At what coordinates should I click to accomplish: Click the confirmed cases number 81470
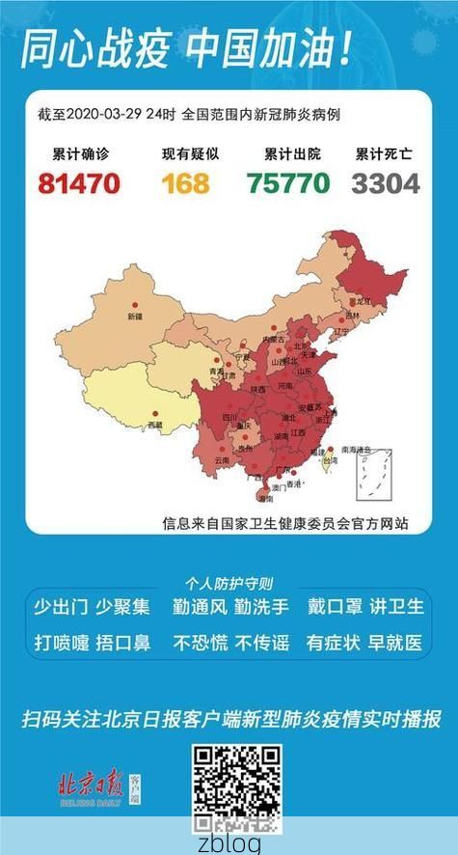click(x=79, y=182)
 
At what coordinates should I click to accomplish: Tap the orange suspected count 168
click(x=185, y=182)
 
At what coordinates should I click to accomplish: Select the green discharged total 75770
click(x=287, y=182)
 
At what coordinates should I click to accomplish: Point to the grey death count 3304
click(x=386, y=182)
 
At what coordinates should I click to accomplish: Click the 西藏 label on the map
click(x=154, y=425)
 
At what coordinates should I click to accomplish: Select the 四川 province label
click(x=230, y=417)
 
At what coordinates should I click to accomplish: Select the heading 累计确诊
click(x=78, y=153)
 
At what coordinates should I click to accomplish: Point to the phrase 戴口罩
click(x=335, y=607)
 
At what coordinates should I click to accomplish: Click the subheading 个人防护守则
click(x=229, y=583)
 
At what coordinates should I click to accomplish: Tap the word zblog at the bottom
click(x=229, y=842)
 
